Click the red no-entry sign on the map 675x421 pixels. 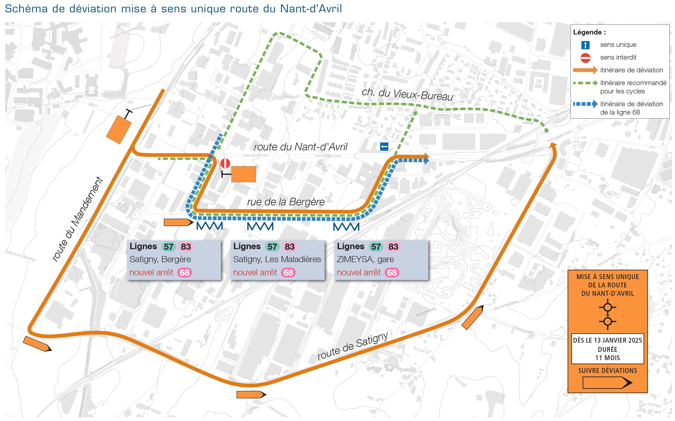[225, 163]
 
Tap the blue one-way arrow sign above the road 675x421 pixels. [384, 147]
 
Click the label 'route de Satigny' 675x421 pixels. [352, 346]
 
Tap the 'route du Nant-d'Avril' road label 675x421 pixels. [300, 147]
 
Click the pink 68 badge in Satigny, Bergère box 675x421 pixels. [184, 272]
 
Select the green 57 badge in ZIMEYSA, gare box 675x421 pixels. [376, 247]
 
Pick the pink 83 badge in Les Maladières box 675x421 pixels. [289, 247]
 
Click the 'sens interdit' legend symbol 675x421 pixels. [585, 58]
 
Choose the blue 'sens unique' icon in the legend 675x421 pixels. [585, 45]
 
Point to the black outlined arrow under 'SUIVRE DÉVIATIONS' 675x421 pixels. [607, 383]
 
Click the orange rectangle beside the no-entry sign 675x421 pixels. [243, 174]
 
